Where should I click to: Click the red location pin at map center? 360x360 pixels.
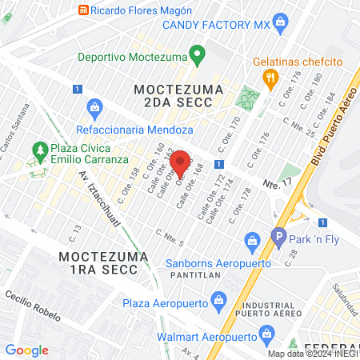click(x=181, y=162)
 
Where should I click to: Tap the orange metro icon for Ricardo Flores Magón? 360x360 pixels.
click(x=82, y=10)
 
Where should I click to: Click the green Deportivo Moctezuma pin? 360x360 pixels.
click(x=197, y=56)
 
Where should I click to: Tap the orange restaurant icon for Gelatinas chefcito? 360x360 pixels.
click(x=270, y=78)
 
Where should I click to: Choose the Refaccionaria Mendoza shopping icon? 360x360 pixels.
click(x=94, y=106)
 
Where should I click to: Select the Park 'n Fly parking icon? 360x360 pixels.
click(x=278, y=236)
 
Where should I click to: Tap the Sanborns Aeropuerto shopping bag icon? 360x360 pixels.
click(x=251, y=240)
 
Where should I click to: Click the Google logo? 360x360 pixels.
click(x=26, y=350)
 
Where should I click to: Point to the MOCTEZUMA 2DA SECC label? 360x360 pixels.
click(x=173, y=94)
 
